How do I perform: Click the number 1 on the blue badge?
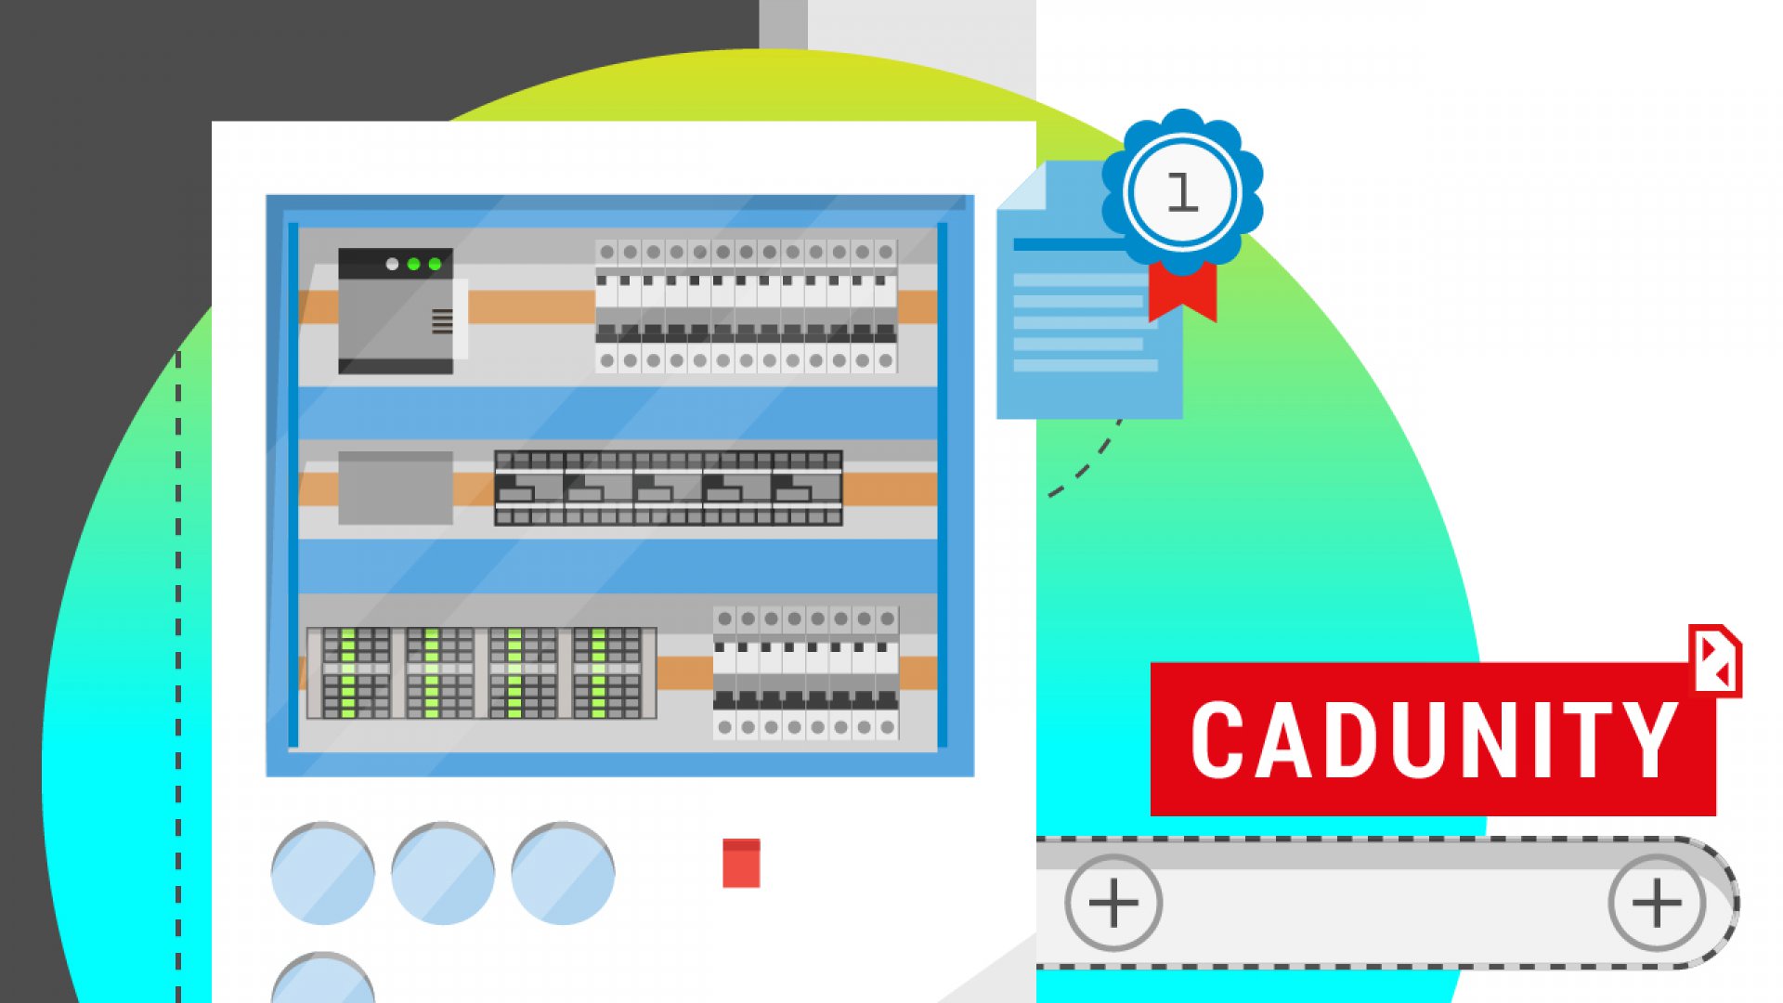click(1181, 193)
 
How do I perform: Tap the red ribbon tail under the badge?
click(1181, 293)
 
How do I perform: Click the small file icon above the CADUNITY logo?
click(1714, 660)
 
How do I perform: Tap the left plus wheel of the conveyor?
click(1113, 903)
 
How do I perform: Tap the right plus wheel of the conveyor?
click(1656, 903)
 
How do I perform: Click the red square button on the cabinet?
click(741, 863)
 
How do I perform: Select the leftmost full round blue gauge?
click(322, 873)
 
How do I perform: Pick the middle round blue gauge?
click(442, 873)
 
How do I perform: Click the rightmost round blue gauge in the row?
click(562, 873)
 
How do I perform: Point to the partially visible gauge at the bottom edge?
click(322, 980)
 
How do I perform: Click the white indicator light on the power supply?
click(392, 265)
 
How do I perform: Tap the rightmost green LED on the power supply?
click(435, 265)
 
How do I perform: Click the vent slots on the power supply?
click(442, 321)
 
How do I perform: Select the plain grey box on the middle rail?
click(396, 488)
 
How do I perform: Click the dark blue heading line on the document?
click(1068, 244)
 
